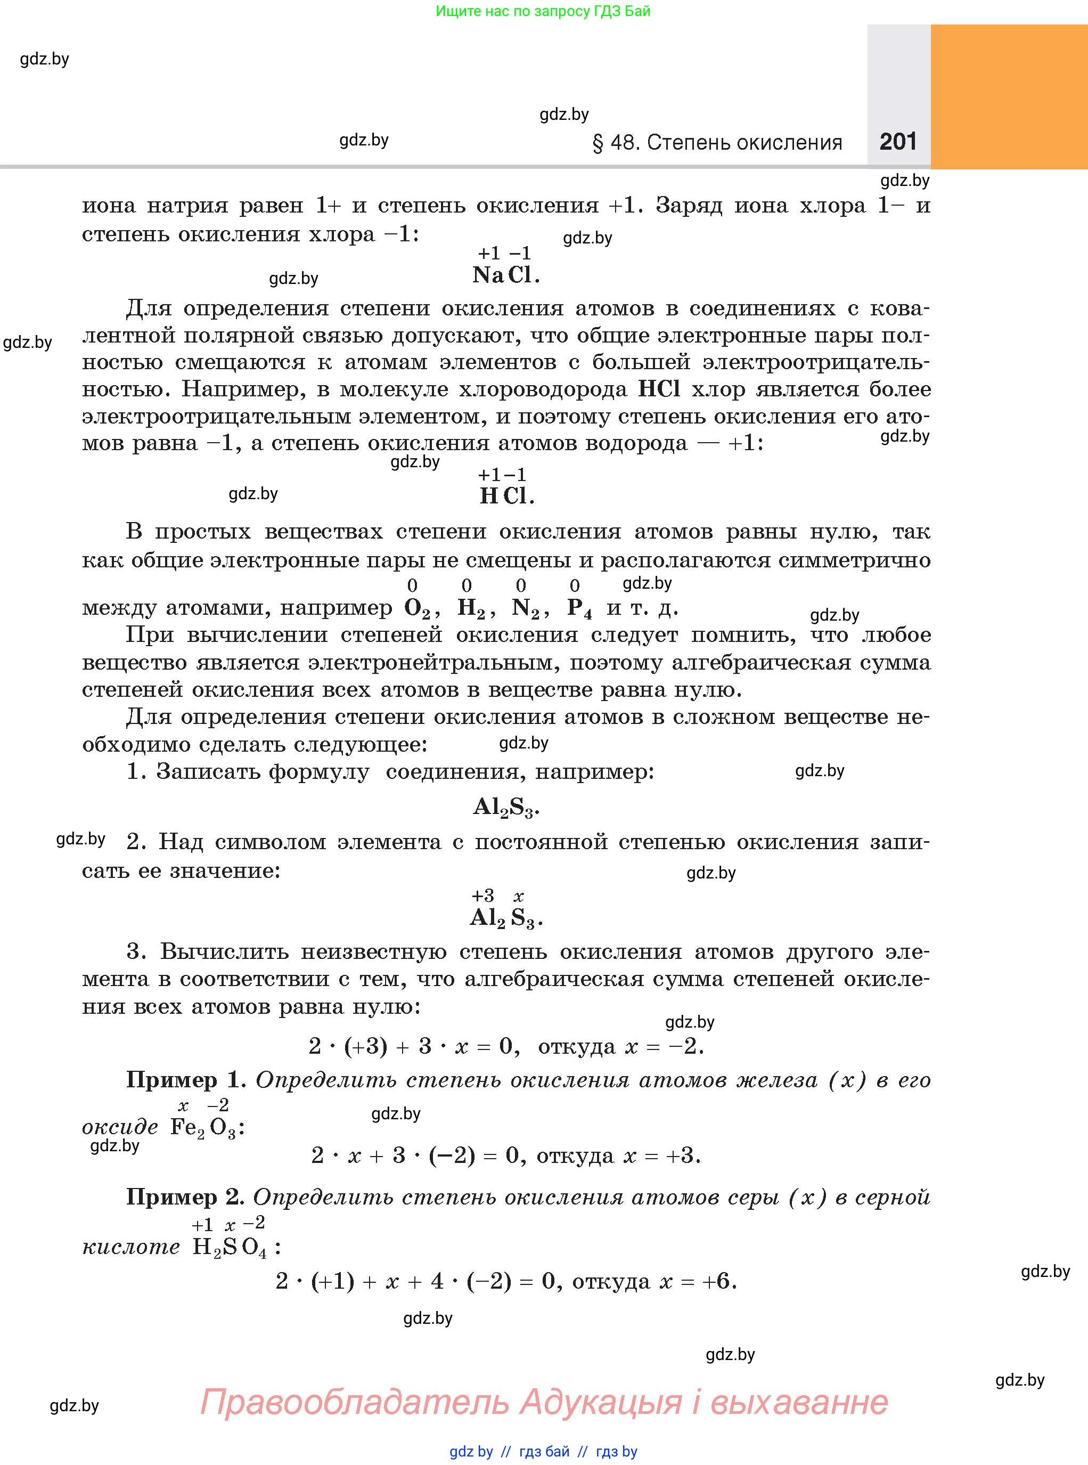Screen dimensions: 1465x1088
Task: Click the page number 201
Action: pyautogui.click(x=898, y=142)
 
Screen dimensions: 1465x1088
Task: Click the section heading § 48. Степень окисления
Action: pyautogui.click(x=717, y=143)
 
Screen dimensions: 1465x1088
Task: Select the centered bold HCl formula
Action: pyautogui.click(x=506, y=496)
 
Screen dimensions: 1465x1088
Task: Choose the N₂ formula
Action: pyautogui.click(x=526, y=608)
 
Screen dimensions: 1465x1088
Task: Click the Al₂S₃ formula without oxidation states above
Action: pyautogui.click(x=505, y=808)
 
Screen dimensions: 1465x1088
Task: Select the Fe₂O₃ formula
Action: pyautogui.click(x=203, y=1128)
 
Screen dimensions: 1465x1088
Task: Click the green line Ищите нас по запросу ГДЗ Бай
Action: pyautogui.click(x=543, y=11)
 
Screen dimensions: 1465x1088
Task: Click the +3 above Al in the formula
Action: pyautogui.click(x=482, y=896)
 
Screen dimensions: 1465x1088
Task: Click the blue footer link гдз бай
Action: pyautogui.click(x=544, y=1451)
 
